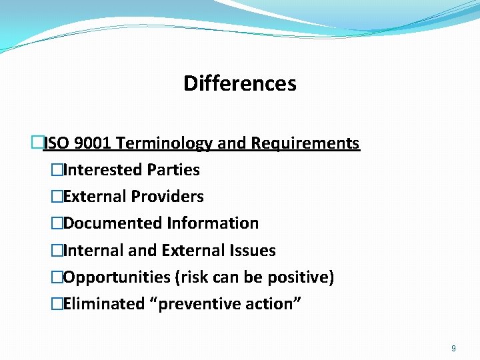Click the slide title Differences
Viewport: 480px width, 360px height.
coord(239,84)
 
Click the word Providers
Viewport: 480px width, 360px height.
coord(167,197)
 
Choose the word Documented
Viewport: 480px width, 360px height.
coord(113,223)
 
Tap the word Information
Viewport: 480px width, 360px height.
coord(213,223)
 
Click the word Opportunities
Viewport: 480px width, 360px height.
coord(117,277)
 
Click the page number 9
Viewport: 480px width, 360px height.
coord(453,348)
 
